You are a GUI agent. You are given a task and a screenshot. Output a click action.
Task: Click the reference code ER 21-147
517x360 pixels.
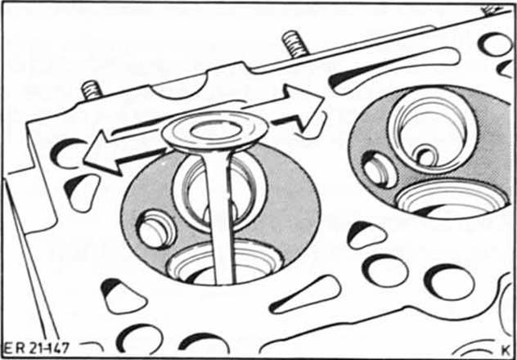pos(36,348)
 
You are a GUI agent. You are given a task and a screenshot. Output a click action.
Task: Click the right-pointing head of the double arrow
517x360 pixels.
pos(303,106)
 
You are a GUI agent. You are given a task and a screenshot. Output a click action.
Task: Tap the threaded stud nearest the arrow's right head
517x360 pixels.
pos(294,43)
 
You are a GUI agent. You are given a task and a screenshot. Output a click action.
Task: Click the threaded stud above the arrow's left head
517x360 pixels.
pos(91,90)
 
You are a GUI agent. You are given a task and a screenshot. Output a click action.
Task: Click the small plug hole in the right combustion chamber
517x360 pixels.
pos(380,169)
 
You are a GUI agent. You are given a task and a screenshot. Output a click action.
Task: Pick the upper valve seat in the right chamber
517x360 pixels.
pos(433,131)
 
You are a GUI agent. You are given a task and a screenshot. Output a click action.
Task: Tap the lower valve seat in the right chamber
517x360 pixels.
pos(452,199)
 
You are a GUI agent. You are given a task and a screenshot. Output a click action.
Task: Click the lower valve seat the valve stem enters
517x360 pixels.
pos(225,263)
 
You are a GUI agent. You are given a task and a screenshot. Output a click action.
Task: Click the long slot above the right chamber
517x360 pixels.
pos(394,70)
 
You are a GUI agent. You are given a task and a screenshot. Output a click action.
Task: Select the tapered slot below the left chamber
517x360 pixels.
pos(305,295)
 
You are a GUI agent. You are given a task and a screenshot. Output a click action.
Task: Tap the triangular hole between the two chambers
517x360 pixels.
pos(366,236)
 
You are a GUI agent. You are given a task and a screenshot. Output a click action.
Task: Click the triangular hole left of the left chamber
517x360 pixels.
pos(82,192)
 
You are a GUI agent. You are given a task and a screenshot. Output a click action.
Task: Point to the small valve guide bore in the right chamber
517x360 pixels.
pos(426,156)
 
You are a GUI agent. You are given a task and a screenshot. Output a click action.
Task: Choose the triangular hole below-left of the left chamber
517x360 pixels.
pos(124,296)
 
